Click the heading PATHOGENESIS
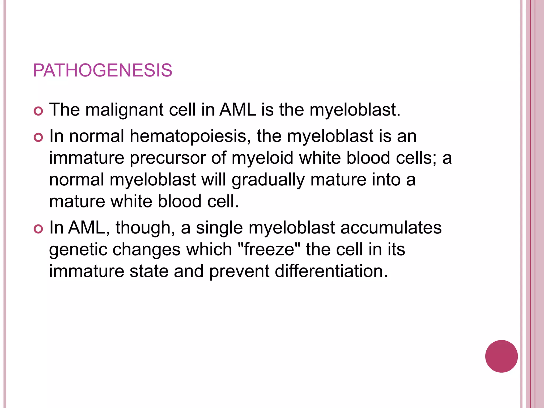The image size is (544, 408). (103, 70)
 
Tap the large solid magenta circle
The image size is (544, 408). (501, 356)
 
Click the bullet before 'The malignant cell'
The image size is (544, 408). (39, 111)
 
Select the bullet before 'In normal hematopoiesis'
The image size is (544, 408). (39, 137)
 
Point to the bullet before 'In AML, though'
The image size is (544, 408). (39, 229)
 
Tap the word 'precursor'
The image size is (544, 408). (167, 158)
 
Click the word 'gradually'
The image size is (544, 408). (268, 180)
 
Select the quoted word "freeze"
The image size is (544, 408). (269, 249)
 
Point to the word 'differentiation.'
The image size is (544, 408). (331, 271)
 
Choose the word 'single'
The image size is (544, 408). (219, 228)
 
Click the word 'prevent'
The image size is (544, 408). (239, 271)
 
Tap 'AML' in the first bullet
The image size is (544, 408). (237, 110)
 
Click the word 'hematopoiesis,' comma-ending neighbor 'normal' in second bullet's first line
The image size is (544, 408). (97, 136)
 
